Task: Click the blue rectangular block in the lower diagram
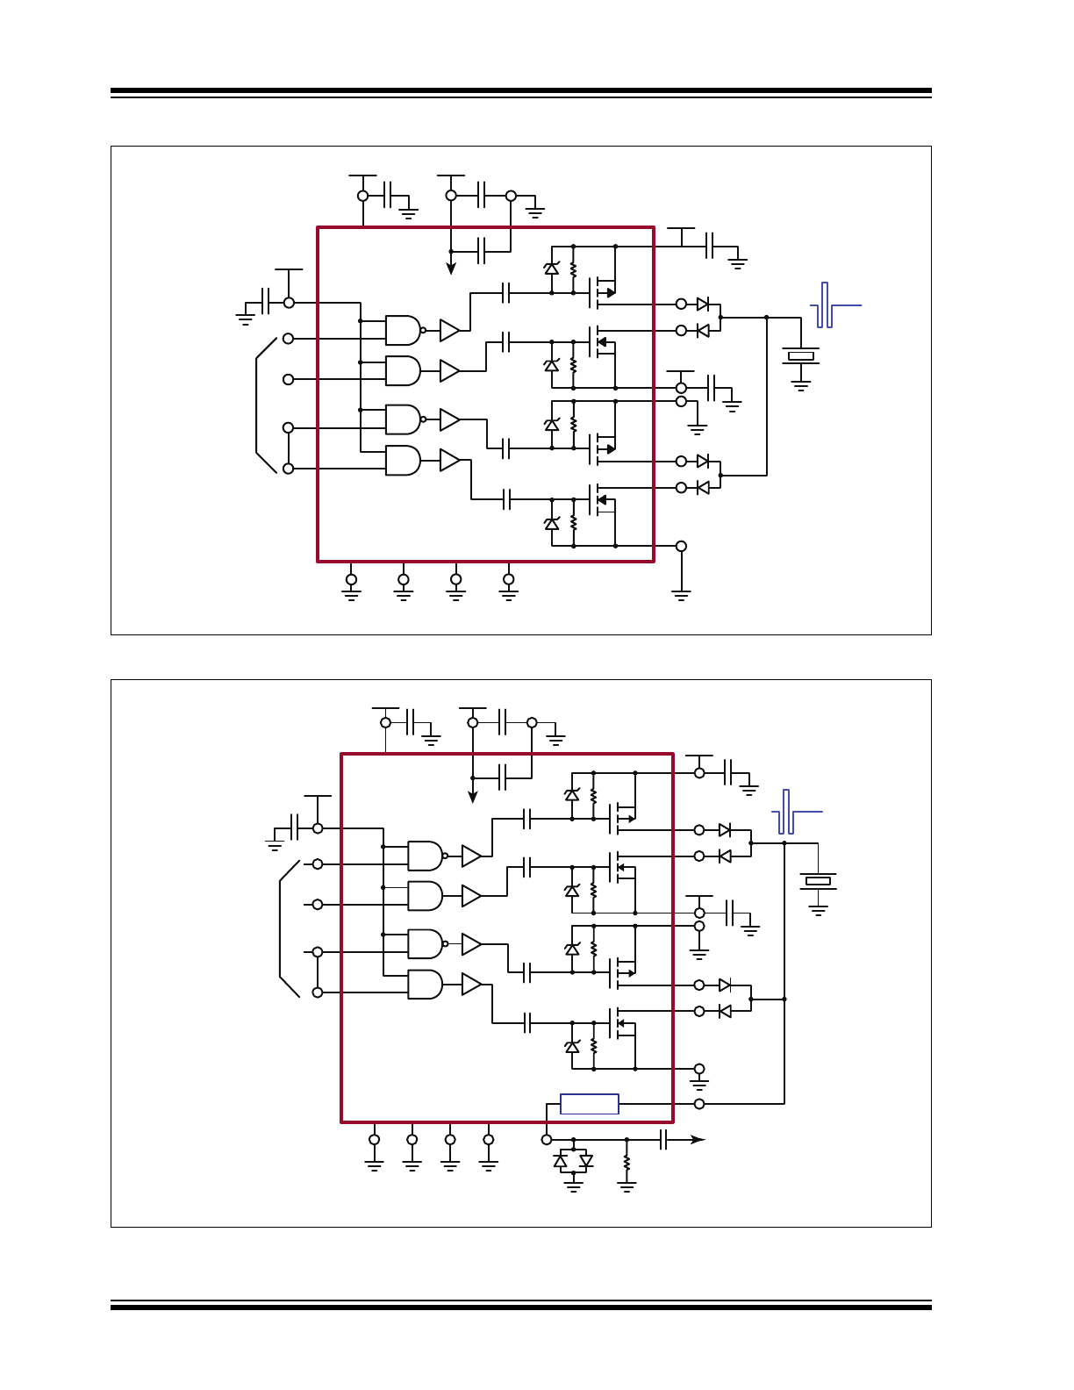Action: [x=589, y=1104]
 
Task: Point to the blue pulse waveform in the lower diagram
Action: [x=792, y=813]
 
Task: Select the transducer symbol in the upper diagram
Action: [x=800, y=355]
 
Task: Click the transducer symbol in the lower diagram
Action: [x=818, y=880]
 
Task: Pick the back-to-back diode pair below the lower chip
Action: [x=573, y=1161]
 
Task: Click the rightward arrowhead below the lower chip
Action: [x=698, y=1140]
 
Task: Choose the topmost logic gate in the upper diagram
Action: [x=403, y=330]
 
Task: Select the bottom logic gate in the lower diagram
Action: [x=425, y=985]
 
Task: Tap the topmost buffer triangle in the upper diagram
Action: [x=449, y=330]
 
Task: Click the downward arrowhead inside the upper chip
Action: [x=451, y=269]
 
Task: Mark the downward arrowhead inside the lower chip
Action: [x=473, y=797]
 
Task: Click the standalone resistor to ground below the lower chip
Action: [x=626, y=1163]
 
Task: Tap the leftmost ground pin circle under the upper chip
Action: [x=351, y=579]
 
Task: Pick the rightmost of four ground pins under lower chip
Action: [x=489, y=1140]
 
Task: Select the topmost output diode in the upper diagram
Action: [x=703, y=304]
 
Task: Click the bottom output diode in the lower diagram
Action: [x=725, y=1011]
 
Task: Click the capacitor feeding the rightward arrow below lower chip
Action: [x=664, y=1140]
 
